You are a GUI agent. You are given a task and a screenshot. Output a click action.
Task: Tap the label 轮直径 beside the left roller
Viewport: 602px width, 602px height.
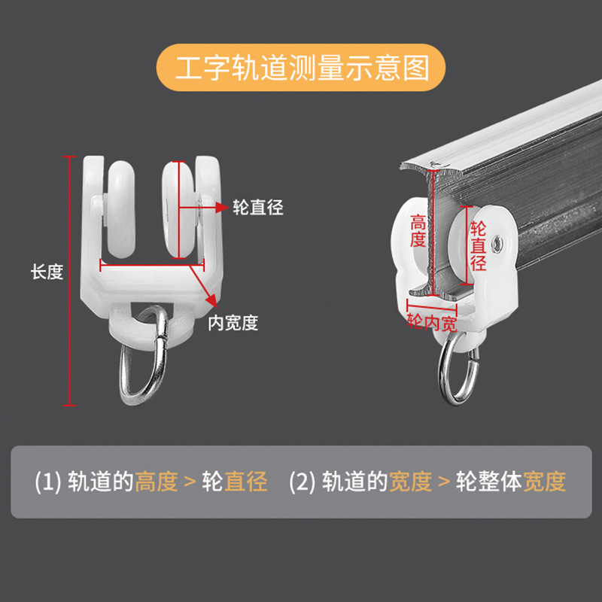tap(257, 207)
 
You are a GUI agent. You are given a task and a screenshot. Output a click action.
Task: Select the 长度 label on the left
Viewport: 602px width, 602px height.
tap(47, 272)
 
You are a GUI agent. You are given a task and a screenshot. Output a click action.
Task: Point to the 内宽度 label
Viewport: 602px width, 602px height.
tap(233, 323)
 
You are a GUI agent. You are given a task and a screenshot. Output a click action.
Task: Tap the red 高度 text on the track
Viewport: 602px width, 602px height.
tap(418, 231)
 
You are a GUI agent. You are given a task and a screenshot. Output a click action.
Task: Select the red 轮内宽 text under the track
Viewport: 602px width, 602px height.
tap(432, 324)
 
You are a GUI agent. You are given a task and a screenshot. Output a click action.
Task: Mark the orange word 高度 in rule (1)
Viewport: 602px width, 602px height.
tap(156, 481)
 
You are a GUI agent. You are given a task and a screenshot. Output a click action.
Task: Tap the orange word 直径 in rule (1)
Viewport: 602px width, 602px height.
tap(246, 481)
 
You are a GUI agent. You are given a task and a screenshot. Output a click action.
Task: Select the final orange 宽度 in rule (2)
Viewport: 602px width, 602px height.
tap(545, 481)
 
